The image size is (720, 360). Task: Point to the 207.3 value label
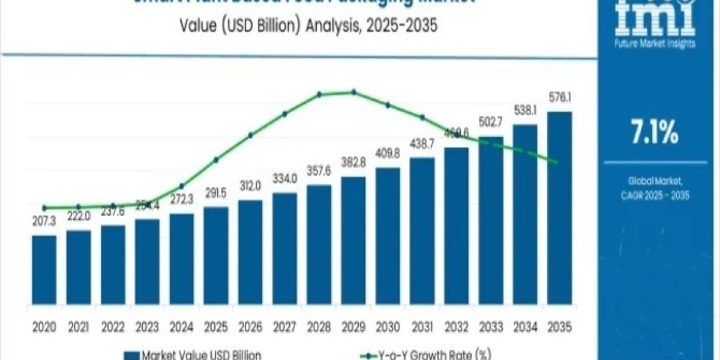click(x=44, y=222)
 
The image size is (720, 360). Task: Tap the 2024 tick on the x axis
click(x=181, y=328)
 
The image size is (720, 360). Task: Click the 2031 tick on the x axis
click(x=422, y=328)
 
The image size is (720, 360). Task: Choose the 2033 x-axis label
click(x=490, y=328)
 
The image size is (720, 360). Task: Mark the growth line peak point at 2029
click(x=353, y=92)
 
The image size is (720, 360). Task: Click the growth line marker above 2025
click(x=216, y=160)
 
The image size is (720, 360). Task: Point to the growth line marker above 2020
click(x=44, y=208)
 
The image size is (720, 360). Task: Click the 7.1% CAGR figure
click(x=655, y=133)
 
